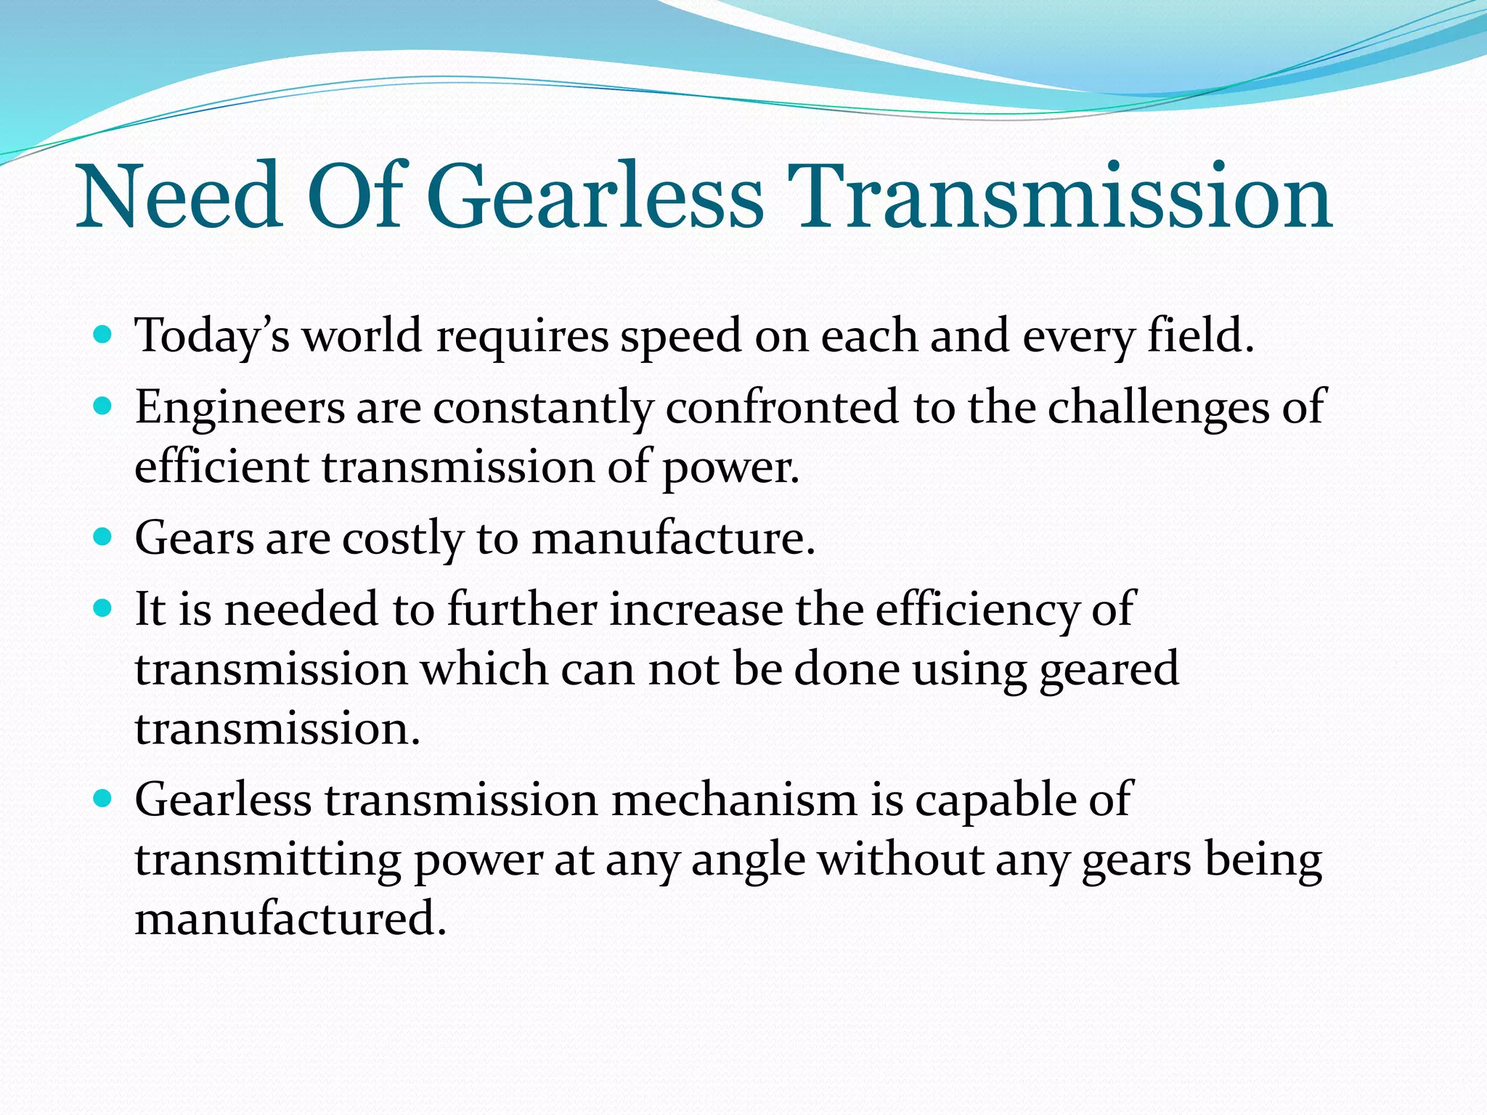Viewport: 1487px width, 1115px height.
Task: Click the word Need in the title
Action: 180,197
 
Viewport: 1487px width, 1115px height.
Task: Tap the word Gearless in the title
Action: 595,197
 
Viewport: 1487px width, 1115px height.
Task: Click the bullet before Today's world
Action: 103,335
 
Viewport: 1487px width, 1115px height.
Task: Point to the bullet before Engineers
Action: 103,407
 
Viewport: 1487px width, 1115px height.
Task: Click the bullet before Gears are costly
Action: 103,538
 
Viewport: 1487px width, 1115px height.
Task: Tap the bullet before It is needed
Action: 103,608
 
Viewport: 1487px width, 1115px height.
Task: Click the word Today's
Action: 213,337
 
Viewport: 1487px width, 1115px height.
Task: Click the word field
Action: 1200,335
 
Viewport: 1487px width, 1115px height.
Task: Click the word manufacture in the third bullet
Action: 672,538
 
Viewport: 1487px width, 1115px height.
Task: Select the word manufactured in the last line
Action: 290,918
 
